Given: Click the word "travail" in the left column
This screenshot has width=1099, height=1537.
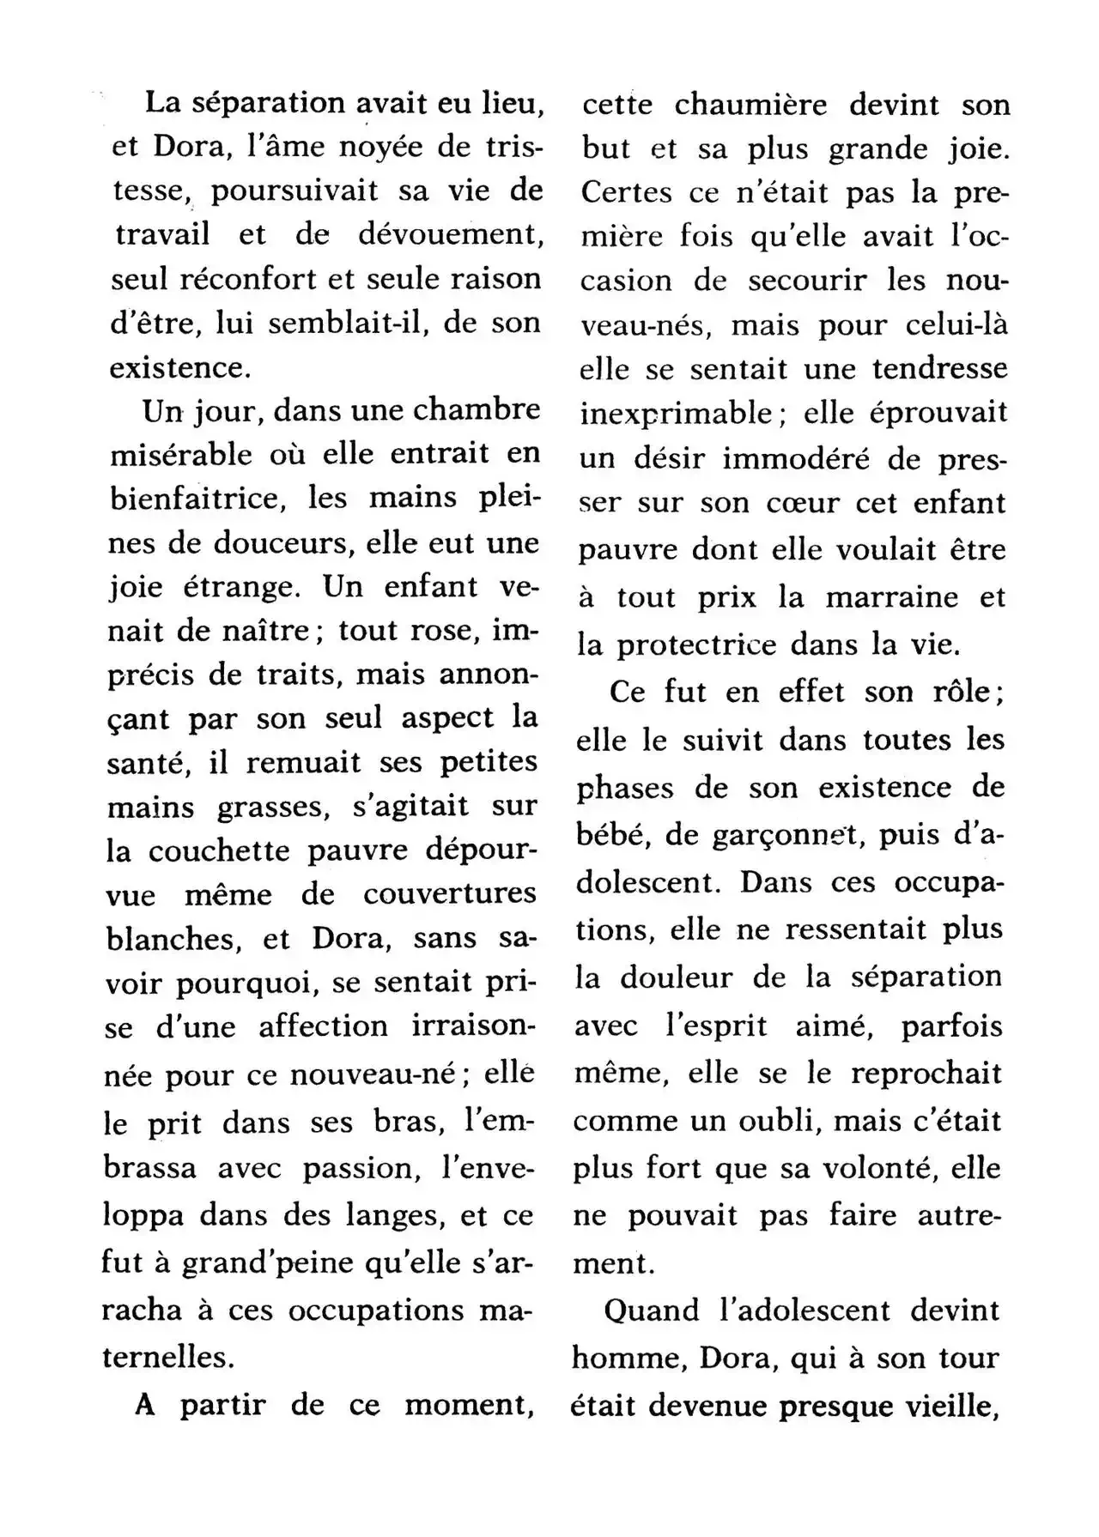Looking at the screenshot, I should [162, 235].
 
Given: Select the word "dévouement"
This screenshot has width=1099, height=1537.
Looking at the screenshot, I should [458, 235].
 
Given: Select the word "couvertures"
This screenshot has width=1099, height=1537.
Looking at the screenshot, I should [449, 895].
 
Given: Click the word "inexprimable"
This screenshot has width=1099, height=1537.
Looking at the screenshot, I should [677, 414].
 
